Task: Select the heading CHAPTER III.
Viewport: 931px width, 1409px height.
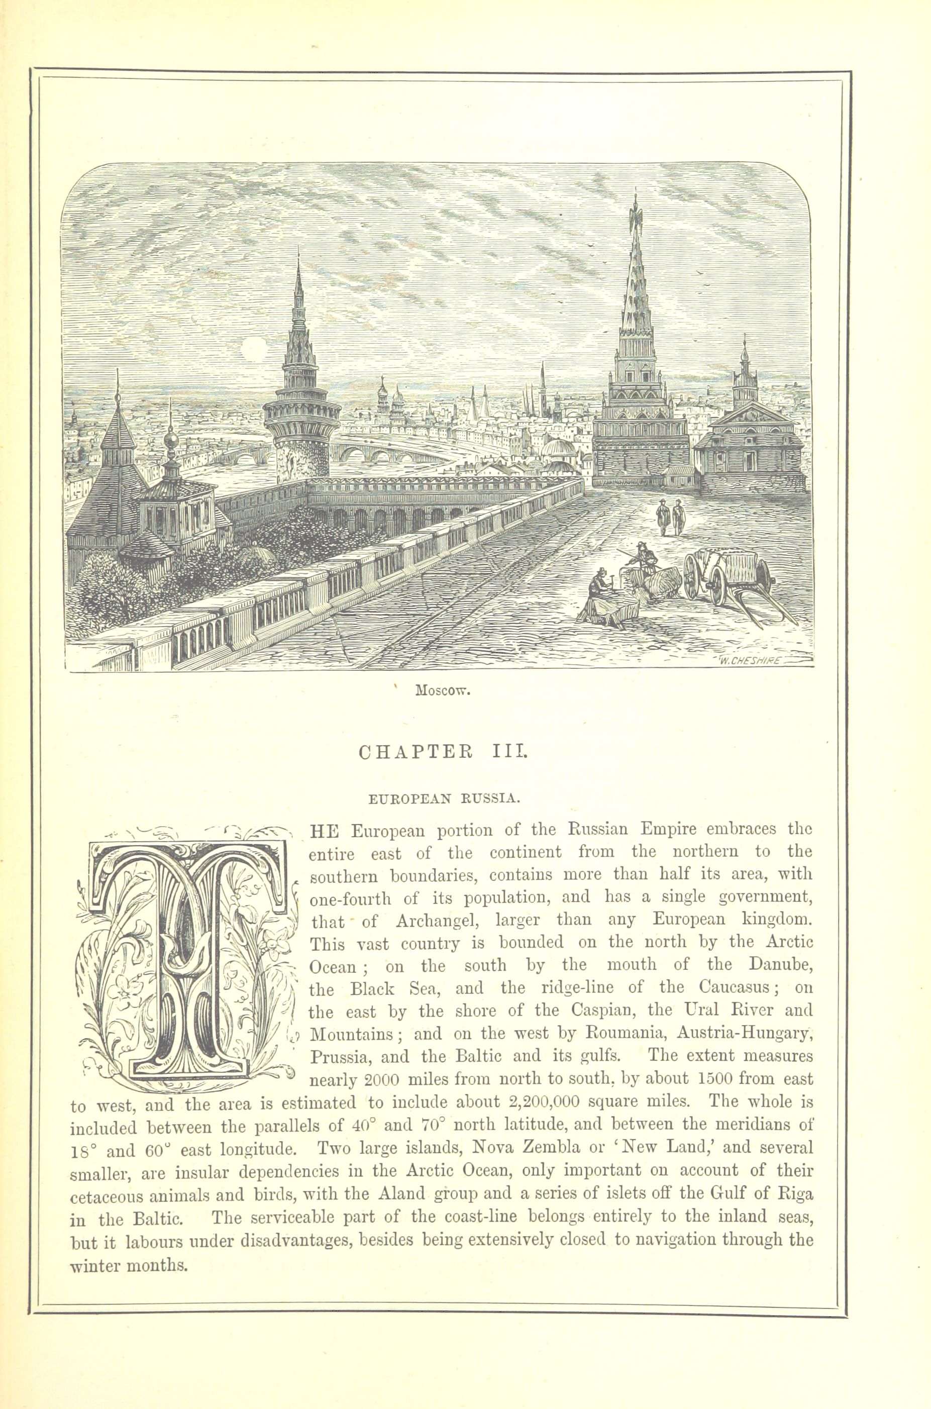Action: pyautogui.click(x=443, y=752)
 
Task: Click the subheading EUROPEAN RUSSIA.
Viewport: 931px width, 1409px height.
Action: pyautogui.click(x=444, y=798)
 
